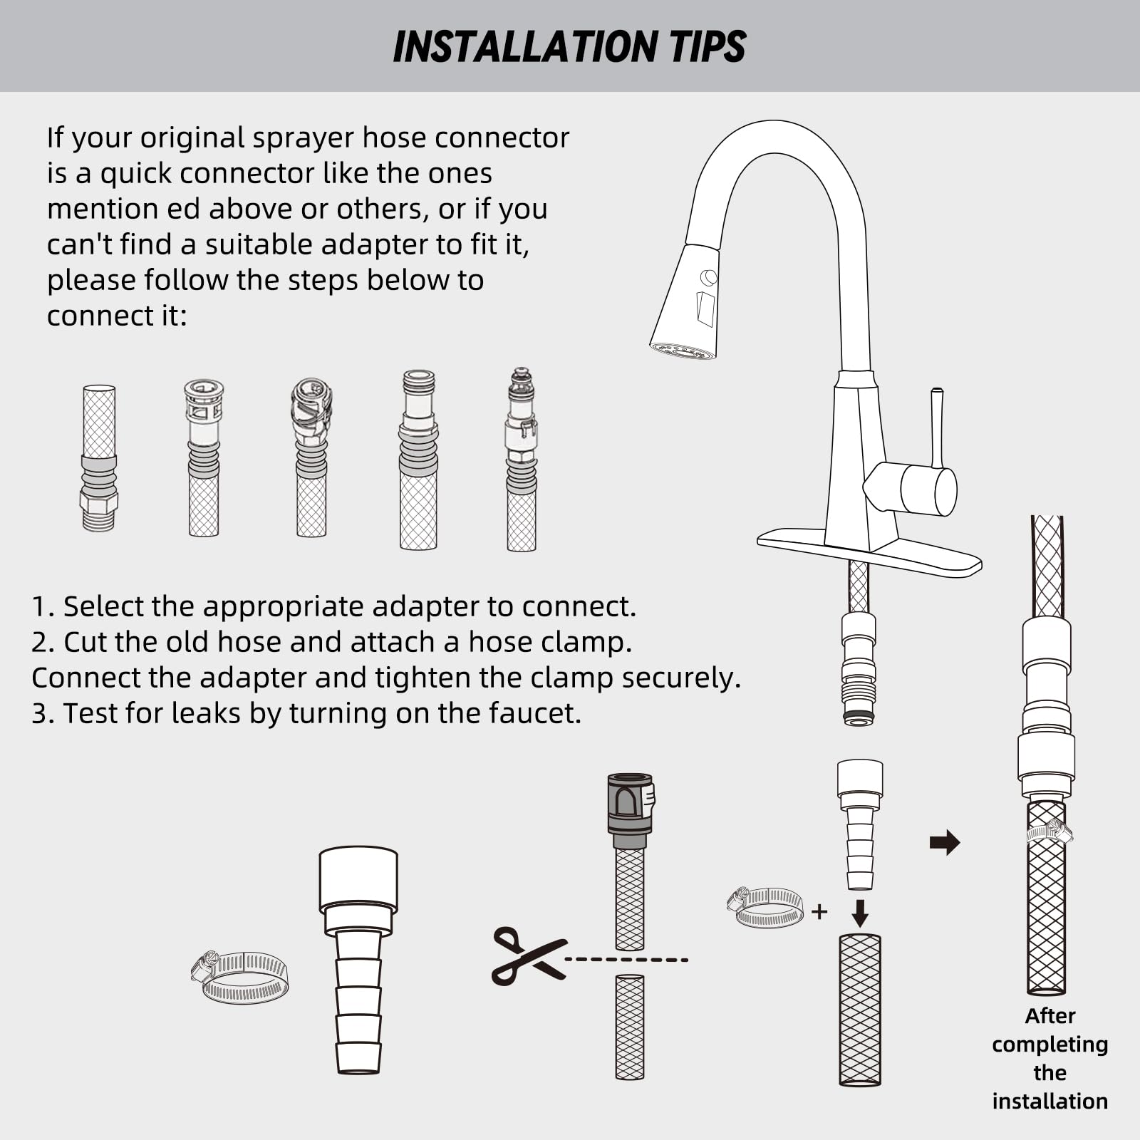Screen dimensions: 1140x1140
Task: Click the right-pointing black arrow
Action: (945, 843)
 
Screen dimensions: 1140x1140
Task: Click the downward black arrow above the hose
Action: (860, 913)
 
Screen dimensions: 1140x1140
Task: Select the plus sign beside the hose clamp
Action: (819, 911)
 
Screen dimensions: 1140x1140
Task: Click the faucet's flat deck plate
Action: (869, 552)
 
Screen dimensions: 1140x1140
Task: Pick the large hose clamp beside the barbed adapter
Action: (241, 977)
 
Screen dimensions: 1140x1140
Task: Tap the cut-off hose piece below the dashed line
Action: (630, 1027)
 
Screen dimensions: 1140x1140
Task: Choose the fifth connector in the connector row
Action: (522, 460)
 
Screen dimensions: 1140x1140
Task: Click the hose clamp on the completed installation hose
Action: (1050, 831)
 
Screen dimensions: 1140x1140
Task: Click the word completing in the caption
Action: (1050, 1045)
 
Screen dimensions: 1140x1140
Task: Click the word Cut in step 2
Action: (85, 642)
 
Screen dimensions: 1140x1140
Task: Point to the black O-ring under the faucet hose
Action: (859, 715)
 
